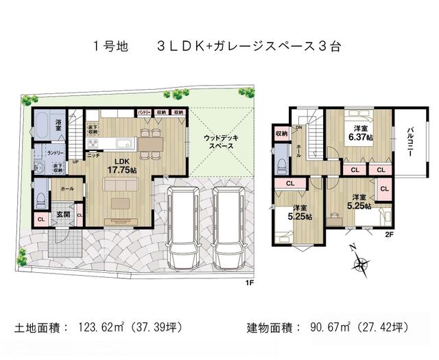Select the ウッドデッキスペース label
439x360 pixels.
coord(220,143)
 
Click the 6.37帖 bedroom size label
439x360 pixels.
coord(359,133)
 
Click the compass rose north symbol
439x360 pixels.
coord(359,263)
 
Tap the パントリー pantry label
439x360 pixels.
coord(144,112)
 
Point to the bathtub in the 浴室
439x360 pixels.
coord(40,126)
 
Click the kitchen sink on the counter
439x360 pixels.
coord(126,144)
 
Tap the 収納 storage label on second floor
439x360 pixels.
coord(281,134)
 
